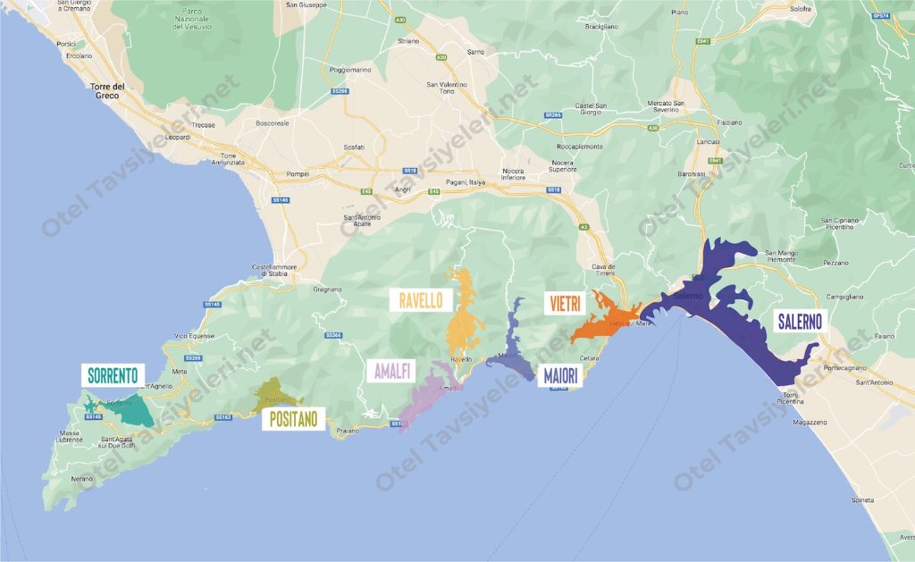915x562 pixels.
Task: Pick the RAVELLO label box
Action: (x=420, y=300)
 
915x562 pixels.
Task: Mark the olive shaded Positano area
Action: (x=272, y=397)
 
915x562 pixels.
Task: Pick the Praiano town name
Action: (x=348, y=431)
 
